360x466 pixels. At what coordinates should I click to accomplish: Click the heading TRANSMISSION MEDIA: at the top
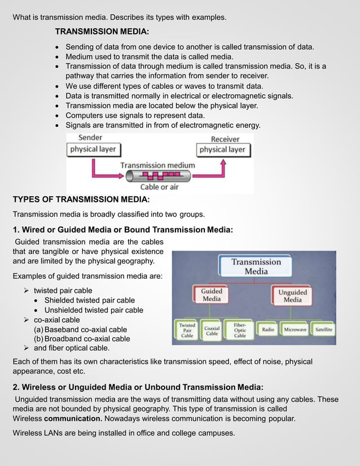point(102,31)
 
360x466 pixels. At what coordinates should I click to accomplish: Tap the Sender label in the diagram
point(90,138)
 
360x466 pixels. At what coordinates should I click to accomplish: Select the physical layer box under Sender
point(93,150)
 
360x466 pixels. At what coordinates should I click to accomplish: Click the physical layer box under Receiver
point(222,150)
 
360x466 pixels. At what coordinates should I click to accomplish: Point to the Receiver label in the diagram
point(225,139)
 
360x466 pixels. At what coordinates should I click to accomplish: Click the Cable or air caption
point(161,187)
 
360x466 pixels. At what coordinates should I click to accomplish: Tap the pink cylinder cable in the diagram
point(161,175)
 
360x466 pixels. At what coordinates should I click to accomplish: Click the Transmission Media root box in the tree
point(256,266)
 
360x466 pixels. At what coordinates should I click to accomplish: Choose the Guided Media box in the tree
point(212,295)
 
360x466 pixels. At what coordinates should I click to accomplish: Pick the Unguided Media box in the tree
point(292,296)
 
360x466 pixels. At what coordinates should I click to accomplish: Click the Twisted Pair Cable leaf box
point(187,330)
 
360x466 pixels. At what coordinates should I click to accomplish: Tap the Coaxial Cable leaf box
point(212,330)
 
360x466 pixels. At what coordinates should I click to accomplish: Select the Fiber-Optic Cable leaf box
point(240,330)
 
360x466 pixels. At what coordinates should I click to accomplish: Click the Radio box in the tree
point(269,329)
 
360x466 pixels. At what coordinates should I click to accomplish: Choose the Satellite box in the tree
point(323,329)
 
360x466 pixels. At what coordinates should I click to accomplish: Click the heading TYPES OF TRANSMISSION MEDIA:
point(81,200)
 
